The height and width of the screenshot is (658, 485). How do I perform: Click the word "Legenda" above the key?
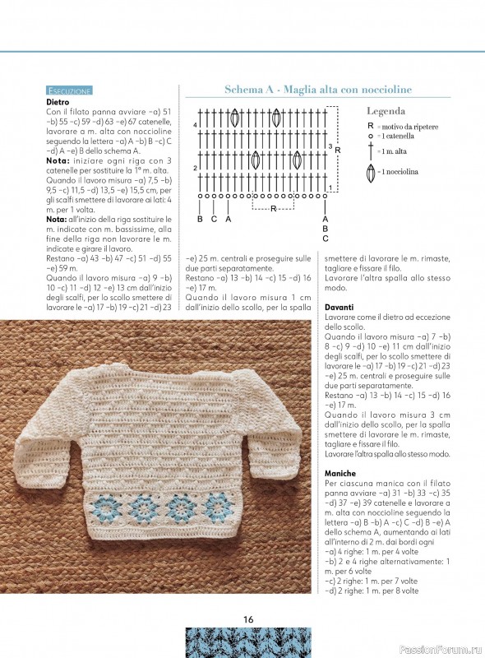[386, 110]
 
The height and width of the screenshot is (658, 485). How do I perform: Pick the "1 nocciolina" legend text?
[401, 171]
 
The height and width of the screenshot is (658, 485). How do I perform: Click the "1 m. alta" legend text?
[396, 152]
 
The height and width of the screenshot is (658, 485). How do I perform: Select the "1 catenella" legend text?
[399, 136]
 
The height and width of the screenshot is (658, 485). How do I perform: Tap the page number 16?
[247, 619]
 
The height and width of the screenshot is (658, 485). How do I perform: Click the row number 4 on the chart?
[195, 125]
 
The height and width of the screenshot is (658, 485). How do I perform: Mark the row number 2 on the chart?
[195, 169]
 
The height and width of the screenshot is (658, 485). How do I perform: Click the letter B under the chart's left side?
[200, 220]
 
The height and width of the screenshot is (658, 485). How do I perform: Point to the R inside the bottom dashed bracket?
[274, 209]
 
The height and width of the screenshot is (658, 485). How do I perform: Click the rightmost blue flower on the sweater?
[217, 504]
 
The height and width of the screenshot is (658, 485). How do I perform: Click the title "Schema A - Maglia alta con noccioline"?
[318, 89]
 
